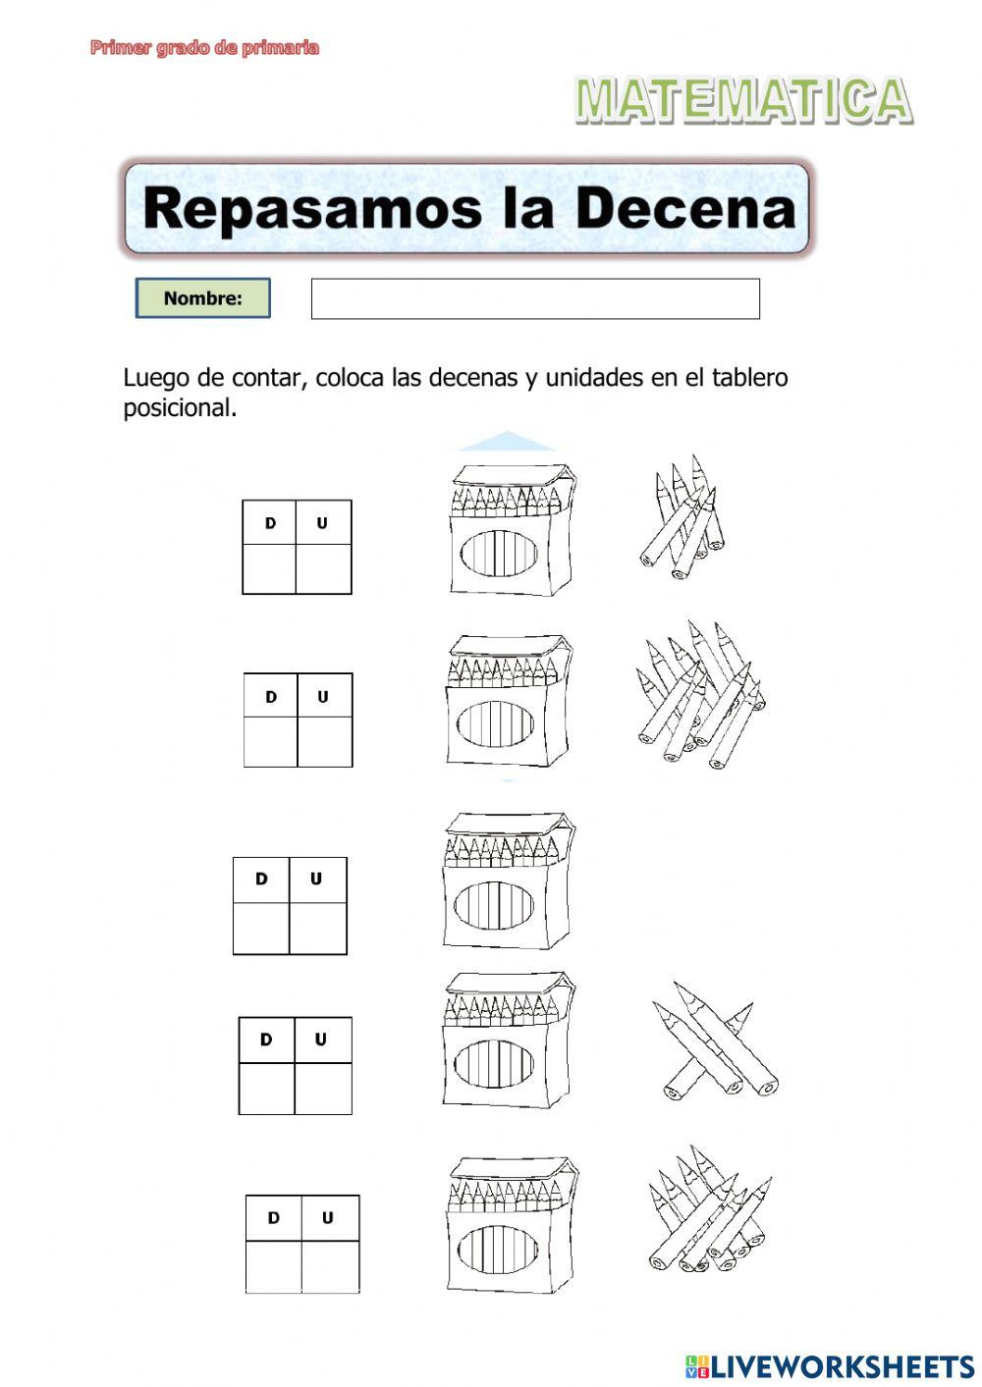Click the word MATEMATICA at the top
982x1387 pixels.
tap(743, 101)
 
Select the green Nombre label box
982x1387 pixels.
tap(202, 298)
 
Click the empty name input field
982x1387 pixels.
tap(535, 298)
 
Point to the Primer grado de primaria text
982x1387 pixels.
tap(204, 47)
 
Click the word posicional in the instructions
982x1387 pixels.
tap(179, 408)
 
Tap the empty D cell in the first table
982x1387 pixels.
tap(270, 568)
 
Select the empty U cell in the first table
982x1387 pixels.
tap(323, 568)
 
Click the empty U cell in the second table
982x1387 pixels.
tap(324, 741)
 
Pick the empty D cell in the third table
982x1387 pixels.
tap(261, 928)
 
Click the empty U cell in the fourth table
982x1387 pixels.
tap(322, 1088)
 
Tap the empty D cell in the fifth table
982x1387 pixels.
tap(274, 1267)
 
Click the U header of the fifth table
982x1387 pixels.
tap(328, 1218)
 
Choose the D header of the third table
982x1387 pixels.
tap(261, 880)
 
